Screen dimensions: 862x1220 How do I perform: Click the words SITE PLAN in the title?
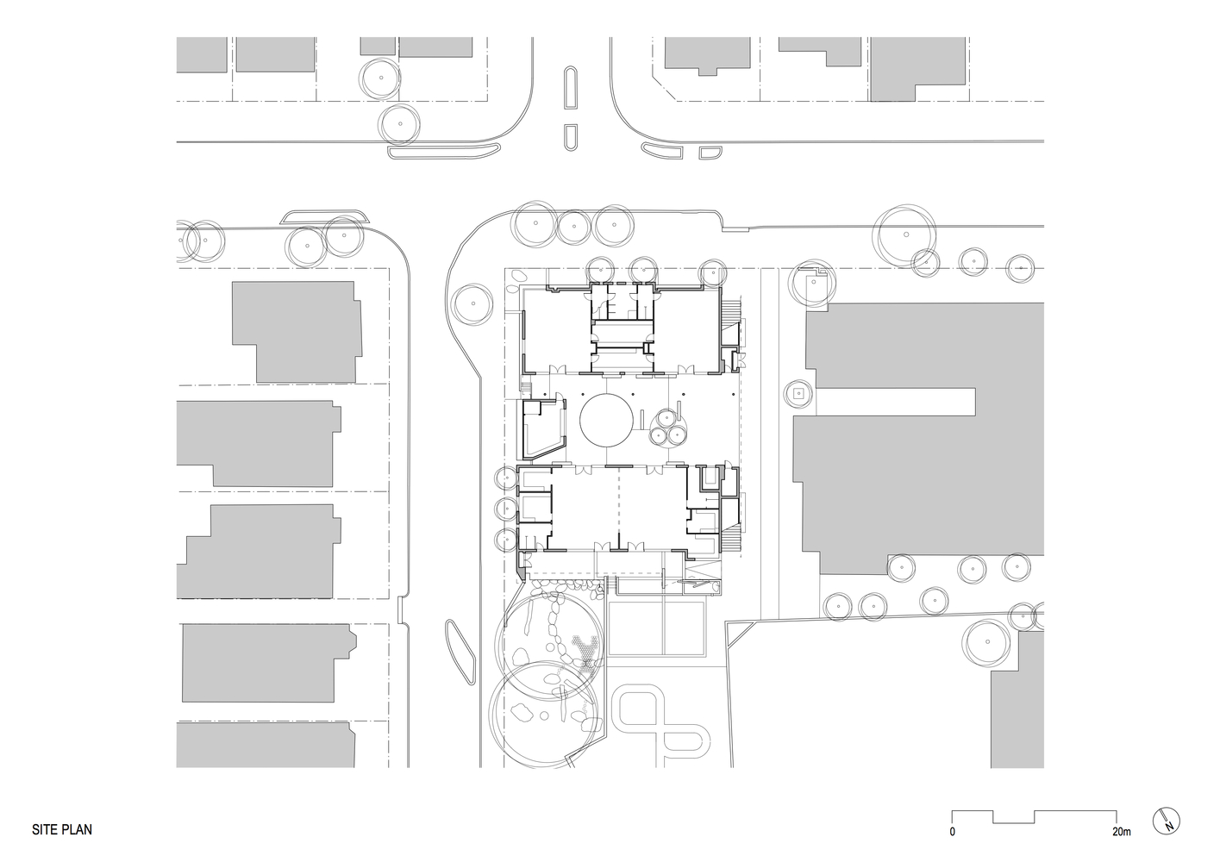coord(62,830)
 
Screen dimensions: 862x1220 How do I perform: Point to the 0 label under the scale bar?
coord(952,832)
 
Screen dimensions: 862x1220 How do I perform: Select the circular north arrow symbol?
coord(1165,820)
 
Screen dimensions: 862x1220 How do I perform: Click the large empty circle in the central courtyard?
coord(608,420)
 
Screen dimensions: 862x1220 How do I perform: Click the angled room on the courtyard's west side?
coord(541,431)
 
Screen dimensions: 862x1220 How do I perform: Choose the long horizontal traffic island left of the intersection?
coord(443,153)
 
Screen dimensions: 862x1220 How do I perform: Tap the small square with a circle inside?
coord(798,394)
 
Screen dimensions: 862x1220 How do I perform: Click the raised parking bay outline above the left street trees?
coord(326,215)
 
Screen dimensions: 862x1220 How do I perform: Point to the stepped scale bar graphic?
coord(1034,816)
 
